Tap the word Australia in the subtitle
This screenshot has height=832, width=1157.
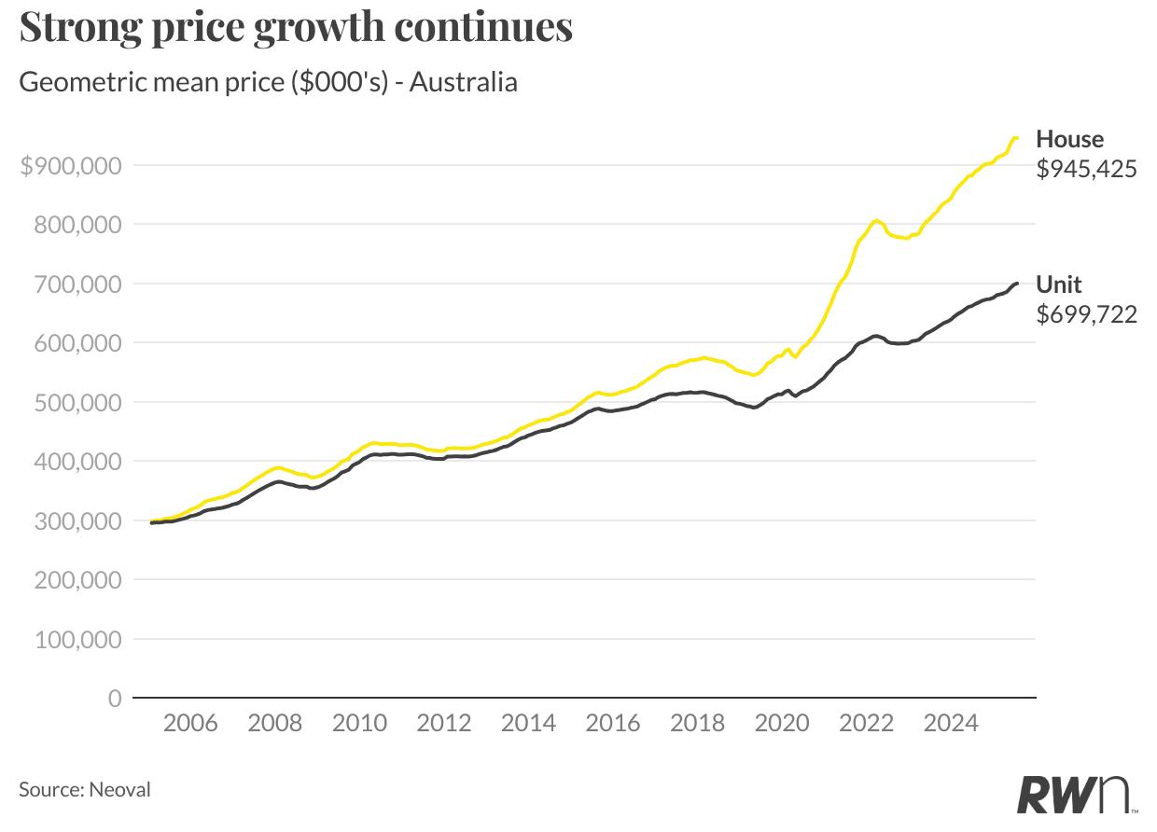click(x=464, y=82)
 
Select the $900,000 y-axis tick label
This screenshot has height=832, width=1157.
click(x=71, y=166)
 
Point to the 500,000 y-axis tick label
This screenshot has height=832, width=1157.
click(x=77, y=403)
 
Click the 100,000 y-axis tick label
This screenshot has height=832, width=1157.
click(x=77, y=640)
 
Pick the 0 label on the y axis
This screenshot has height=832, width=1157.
click(x=115, y=699)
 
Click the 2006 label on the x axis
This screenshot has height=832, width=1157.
click(x=190, y=723)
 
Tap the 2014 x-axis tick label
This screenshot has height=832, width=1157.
click(x=528, y=723)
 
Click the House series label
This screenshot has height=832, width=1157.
click(x=1069, y=139)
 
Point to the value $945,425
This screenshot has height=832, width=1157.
click(x=1086, y=169)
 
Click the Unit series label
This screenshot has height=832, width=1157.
click(x=1059, y=284)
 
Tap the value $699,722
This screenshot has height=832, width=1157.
click(x=1086, y=314)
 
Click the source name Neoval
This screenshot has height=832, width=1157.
click(x=119, y=790)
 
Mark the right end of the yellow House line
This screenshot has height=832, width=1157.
click(x=1017, y=138)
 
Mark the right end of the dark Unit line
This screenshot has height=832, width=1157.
click(x=1017, y=283)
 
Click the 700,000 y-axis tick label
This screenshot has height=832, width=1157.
click(x=77, y=284)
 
